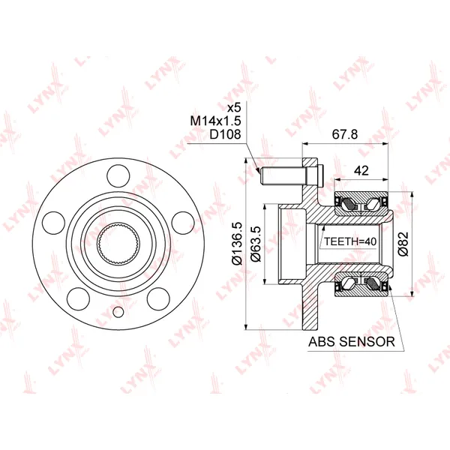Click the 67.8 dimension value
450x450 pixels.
[345, 134]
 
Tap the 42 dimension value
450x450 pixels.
[361, 171]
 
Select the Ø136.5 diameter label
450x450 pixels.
[238, 243]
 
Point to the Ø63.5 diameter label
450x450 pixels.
[256, 244]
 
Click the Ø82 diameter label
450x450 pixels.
[403, 244]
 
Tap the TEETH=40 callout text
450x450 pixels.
[350, 241]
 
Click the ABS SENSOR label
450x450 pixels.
[352, 341]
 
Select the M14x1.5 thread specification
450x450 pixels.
[215, 121]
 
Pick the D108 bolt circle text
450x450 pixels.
[225, 134]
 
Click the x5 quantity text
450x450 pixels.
[234, 108]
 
